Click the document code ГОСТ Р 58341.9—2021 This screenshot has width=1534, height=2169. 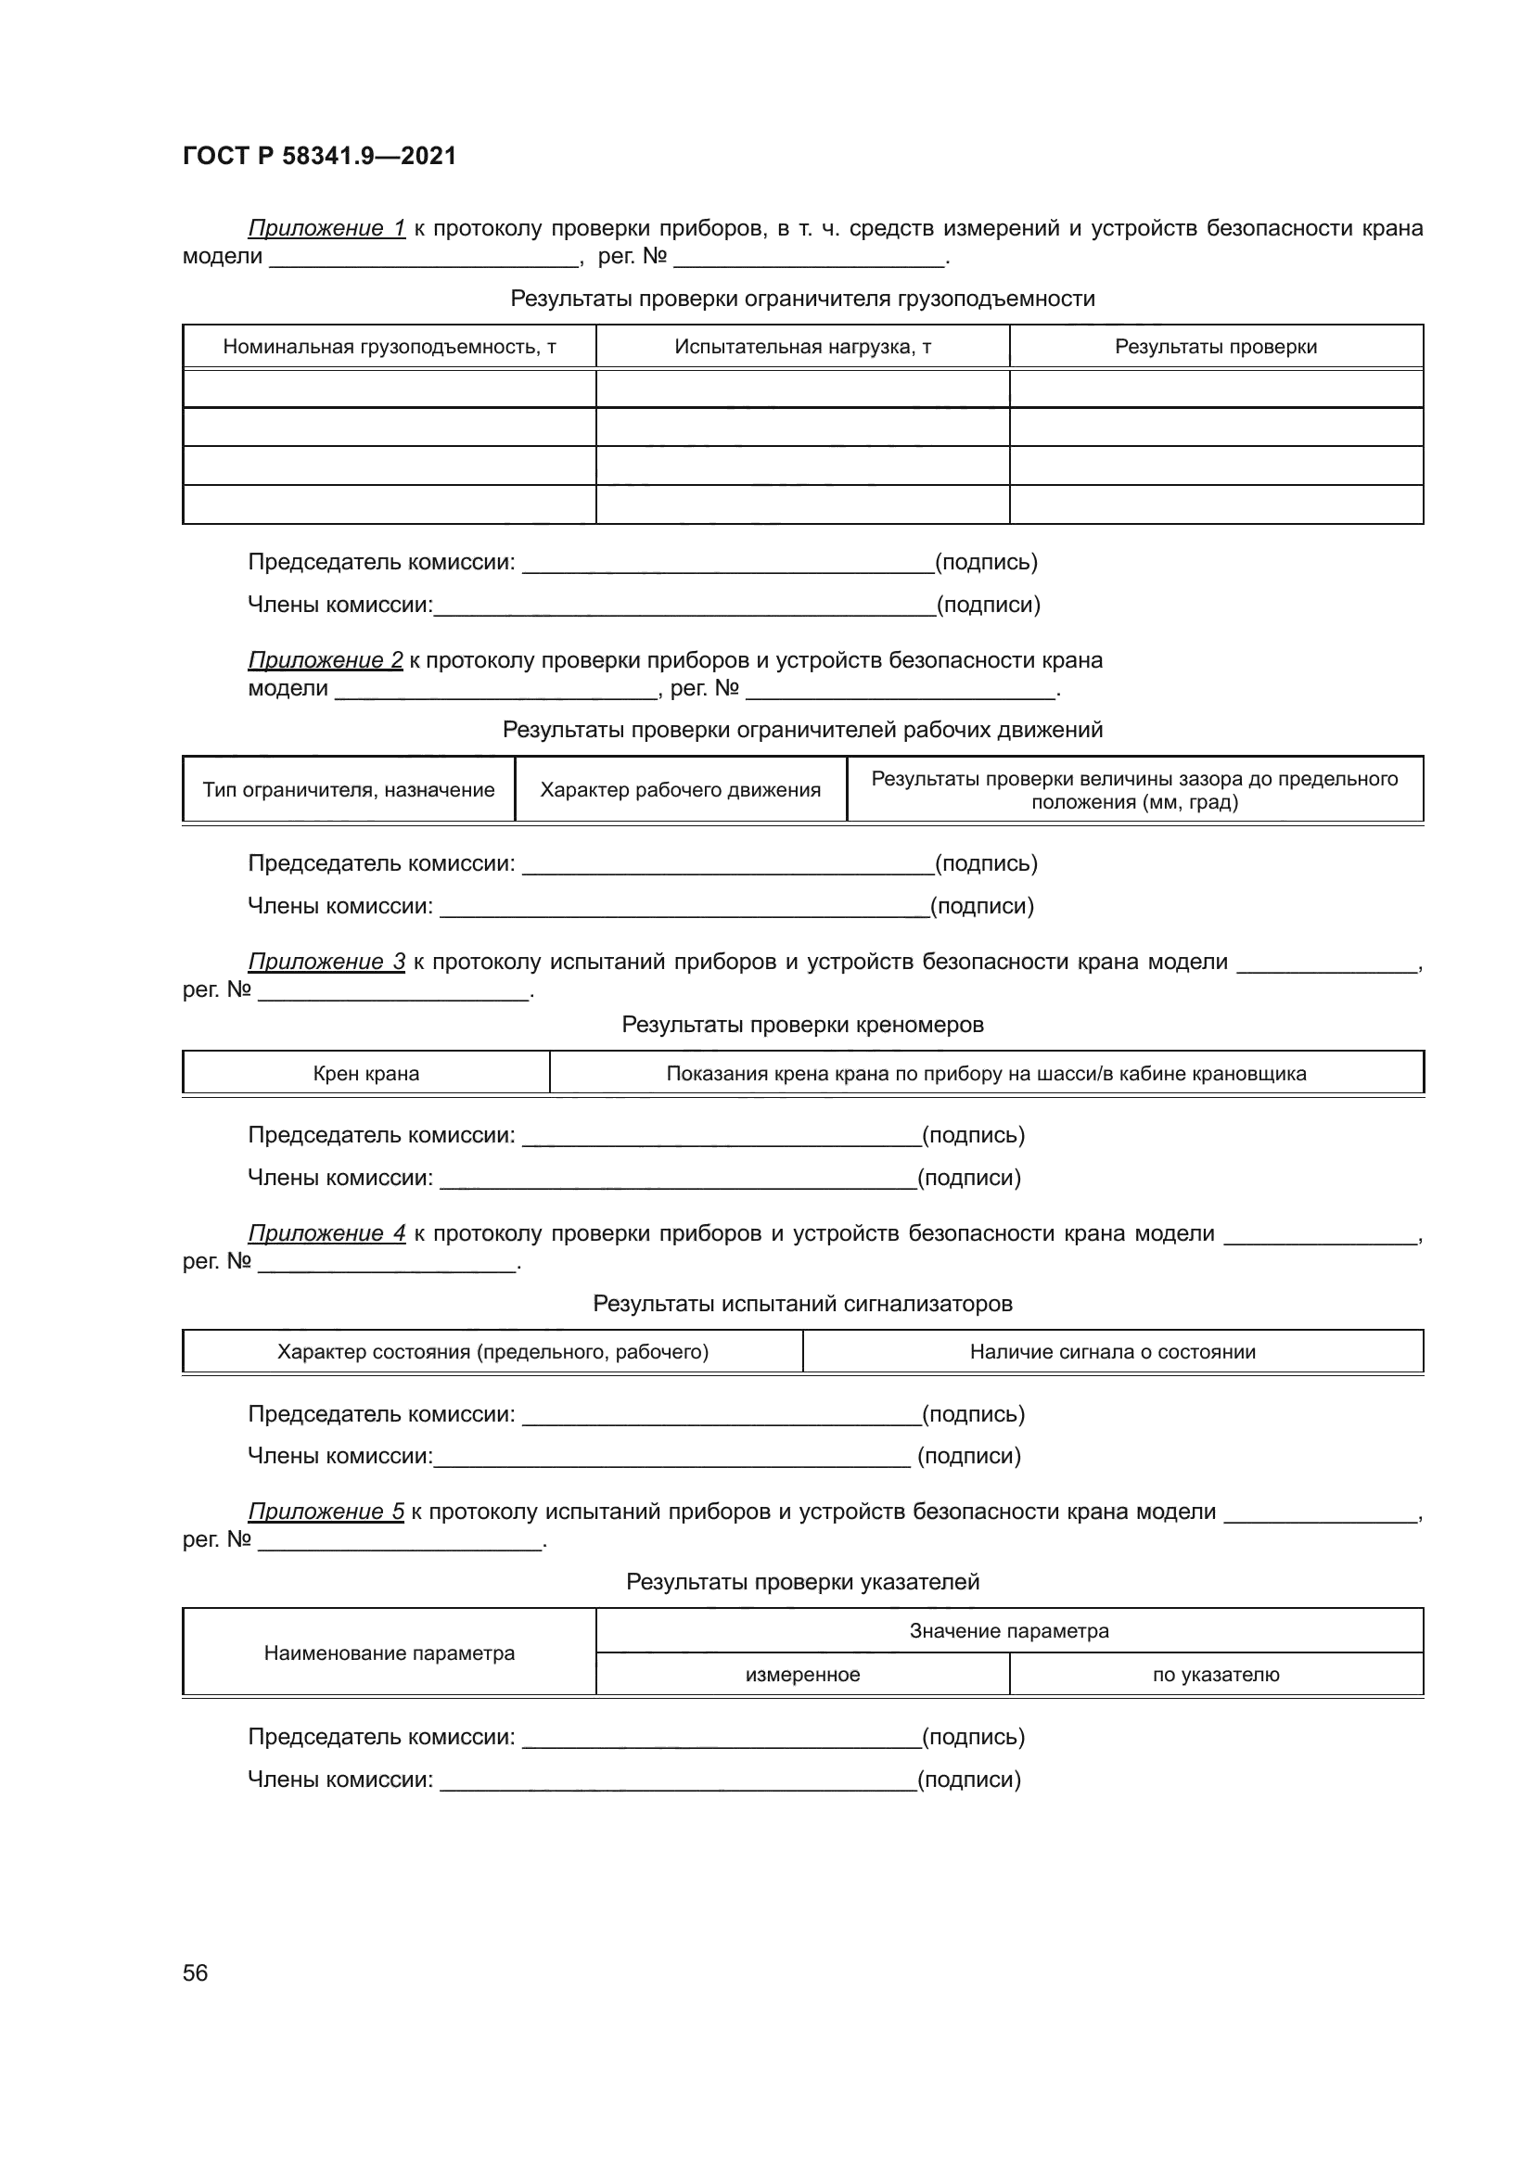(319, 156)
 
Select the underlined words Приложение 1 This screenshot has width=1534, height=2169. (326, 228)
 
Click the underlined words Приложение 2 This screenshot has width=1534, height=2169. (325, 659)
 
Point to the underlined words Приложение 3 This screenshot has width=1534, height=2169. (326, 962)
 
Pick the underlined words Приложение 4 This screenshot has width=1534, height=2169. (326, 1232)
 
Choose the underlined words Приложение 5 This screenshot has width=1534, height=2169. (326, 1512)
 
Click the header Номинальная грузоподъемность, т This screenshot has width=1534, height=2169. (390, 347)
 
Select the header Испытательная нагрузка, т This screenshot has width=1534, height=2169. (802, 347)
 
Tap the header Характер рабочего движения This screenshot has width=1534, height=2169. (680, 790)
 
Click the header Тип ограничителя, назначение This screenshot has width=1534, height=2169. (349, 790)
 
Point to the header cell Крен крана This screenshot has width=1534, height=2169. (365, 1073)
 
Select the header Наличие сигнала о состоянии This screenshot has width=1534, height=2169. (1112, 1352)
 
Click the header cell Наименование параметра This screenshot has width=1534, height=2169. (390, 1653)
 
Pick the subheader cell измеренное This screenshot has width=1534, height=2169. (802, 1675)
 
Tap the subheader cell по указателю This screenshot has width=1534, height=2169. (1216, 1675)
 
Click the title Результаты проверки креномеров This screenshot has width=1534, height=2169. (802, 1024)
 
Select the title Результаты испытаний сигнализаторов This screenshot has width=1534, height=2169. (802, 1304)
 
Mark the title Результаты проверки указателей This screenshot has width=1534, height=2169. (802, 1581)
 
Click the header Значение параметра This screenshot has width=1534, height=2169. (1009, 1630)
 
